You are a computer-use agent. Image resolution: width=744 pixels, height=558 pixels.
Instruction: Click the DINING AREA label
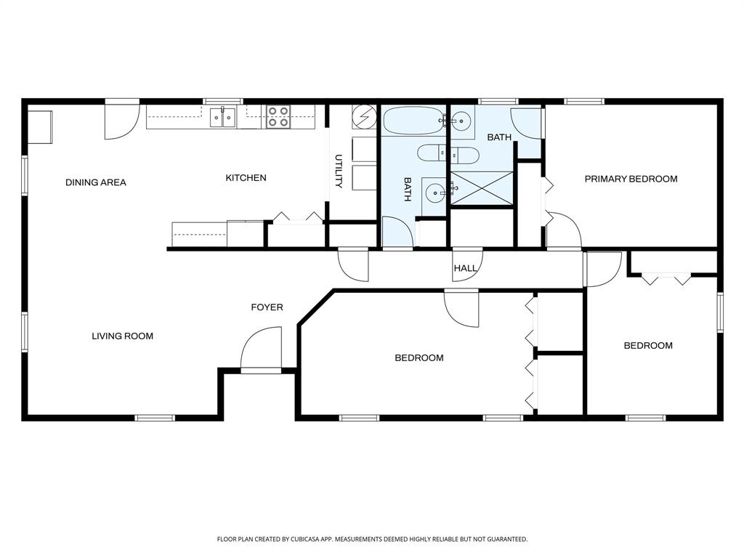tap(96, 182)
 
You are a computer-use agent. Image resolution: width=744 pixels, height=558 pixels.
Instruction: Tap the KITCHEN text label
tap(246, 178)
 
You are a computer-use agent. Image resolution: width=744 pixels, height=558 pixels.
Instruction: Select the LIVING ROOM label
tap(122, 336)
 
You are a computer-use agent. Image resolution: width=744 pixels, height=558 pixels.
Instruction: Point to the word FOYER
tap(267, 307)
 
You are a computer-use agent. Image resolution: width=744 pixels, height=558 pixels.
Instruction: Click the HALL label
tap(465, 268)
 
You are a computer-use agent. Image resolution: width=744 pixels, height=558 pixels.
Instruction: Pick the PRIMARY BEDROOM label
tap(631, 179)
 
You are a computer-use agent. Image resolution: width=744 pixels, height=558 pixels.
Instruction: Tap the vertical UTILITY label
tap(339, 171)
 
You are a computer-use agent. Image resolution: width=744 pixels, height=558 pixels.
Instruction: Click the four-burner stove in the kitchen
tap(278, 116)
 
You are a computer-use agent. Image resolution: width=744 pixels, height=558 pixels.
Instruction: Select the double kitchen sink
tap(223, 117)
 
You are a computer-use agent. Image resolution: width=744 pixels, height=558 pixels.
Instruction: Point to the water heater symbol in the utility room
tap(363, 117)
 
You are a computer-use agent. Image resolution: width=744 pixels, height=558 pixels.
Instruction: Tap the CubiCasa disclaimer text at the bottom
tap(372, 539)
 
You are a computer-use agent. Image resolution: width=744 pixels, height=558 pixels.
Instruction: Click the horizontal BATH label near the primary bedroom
tap(499, 137)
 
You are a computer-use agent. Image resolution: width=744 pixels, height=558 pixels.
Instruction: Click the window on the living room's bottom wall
tap(155, 418)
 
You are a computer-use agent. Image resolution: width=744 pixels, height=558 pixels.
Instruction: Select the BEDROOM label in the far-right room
tap(648, 346)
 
